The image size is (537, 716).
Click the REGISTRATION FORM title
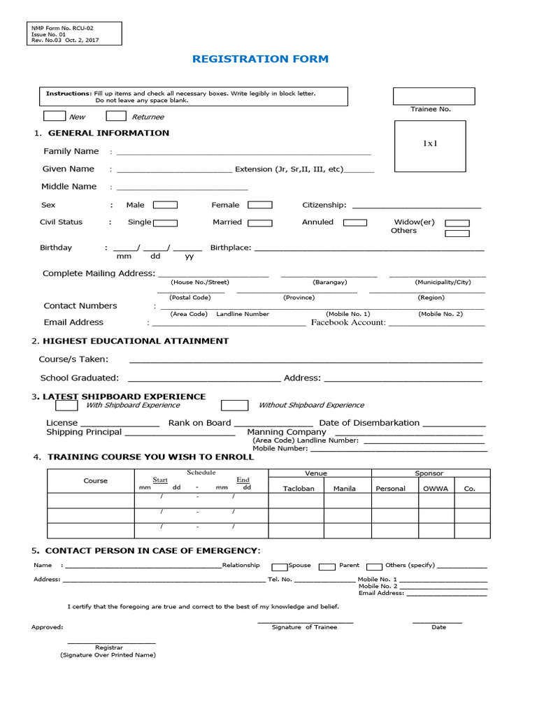pos(260,59)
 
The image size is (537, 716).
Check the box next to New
pos(54,116)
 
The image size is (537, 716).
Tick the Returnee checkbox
pos(116,116)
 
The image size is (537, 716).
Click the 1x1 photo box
pos(429,145)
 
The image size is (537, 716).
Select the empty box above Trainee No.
pos(434,96)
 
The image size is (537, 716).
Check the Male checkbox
pos(165,205)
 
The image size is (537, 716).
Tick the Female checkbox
pos(260,205)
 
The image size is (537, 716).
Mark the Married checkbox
pos(260,222)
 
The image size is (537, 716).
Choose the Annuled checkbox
pos(355,222)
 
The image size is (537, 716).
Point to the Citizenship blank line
pos(417,206)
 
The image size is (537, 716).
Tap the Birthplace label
pos(231,248)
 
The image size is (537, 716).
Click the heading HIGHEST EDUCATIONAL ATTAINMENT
pos(136,341)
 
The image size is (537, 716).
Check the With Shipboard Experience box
pos(66,406)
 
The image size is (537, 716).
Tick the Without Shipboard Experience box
pos(234,406)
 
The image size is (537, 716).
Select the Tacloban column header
pos(298,489)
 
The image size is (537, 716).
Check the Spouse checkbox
pos(279,566)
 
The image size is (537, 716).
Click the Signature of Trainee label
pos(304,627)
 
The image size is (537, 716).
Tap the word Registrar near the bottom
pos(109,647)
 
